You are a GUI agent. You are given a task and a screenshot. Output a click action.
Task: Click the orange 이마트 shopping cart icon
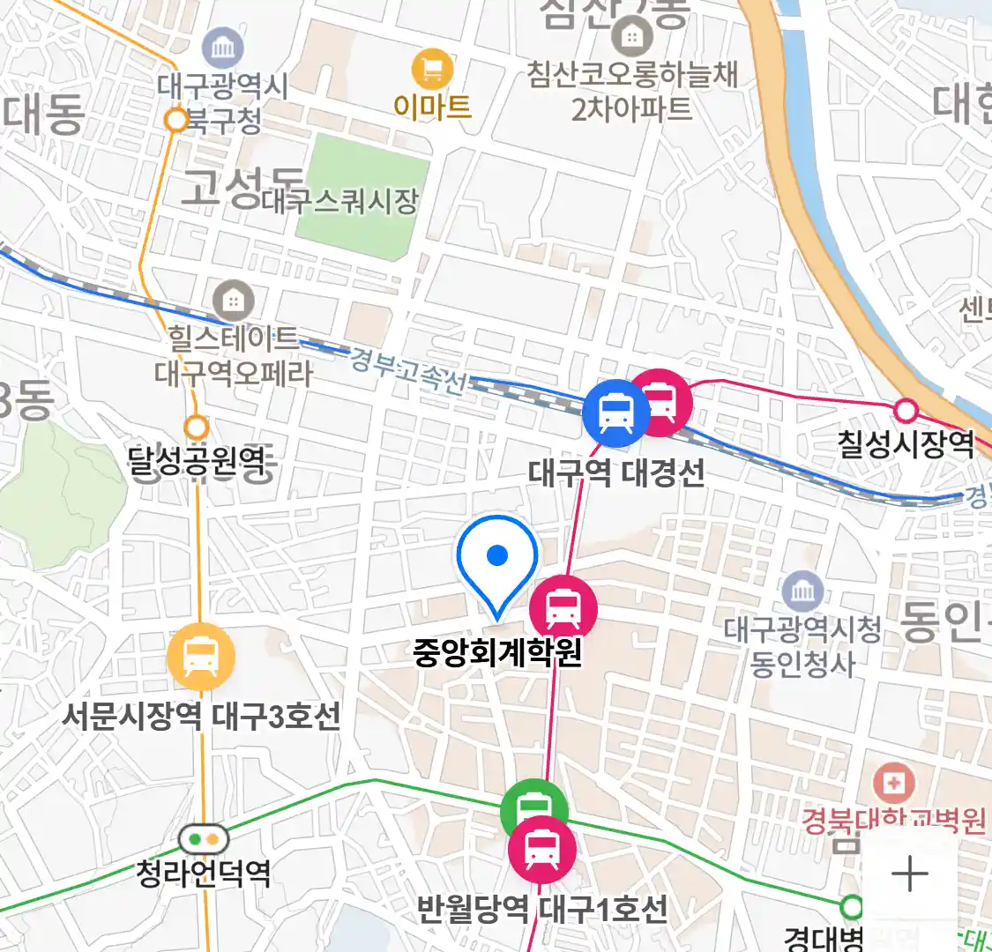(432, 70)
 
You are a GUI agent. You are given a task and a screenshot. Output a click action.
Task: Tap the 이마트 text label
(432, 107)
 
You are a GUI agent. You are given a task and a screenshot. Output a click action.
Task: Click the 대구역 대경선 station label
(616, 473)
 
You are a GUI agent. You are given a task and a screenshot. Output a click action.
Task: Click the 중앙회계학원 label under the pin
(497, 652)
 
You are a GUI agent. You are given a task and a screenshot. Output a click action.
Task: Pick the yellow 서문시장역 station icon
(201, 657)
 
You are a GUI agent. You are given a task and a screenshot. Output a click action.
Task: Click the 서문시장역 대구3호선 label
(201, 715)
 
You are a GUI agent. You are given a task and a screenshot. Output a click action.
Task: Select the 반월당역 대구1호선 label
(541, 909)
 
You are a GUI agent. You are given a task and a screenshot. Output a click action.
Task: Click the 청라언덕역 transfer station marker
(203, 838)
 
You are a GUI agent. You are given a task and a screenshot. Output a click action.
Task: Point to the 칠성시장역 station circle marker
(906, 410)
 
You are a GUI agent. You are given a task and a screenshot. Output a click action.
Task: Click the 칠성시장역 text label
(906, 443)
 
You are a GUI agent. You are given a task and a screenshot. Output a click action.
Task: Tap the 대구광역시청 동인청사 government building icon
(802, 591)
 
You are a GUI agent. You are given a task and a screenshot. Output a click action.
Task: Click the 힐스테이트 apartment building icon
(233, 301)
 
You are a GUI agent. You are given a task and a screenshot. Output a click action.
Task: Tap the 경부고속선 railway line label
(407, 369)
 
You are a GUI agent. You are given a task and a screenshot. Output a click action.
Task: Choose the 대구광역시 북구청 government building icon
(223, 48)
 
